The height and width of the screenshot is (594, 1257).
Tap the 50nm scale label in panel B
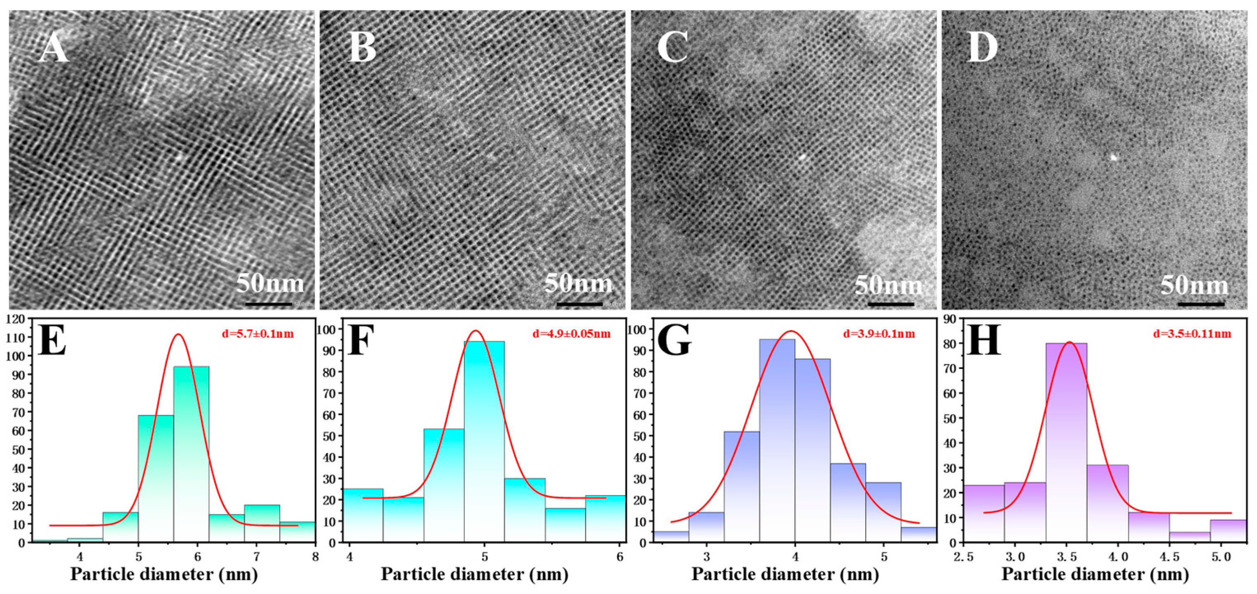coord(578,284)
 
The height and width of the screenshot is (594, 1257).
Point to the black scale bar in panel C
coord(891,305)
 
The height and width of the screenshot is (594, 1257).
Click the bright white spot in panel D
coord(1114,157)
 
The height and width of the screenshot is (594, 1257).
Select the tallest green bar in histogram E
coord(191,454)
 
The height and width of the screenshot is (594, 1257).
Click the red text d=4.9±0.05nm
coord(571,334)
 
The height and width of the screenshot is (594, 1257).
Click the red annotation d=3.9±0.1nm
coord(879,334)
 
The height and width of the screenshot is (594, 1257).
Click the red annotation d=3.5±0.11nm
coord(1191,334)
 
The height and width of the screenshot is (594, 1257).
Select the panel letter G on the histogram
coord(674,340)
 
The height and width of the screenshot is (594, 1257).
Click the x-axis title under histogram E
coord(164,574)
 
